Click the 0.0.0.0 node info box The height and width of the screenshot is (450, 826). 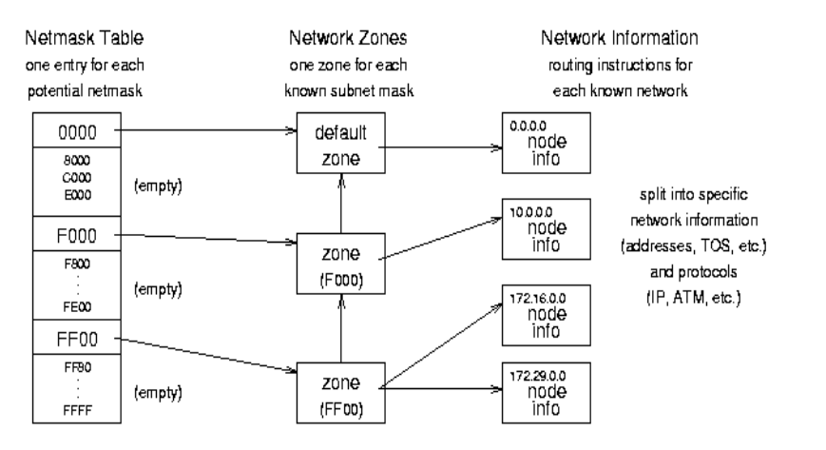(547, 140)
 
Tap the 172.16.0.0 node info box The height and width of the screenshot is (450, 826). (547, 314)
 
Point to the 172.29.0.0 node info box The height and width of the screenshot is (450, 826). (547, 390)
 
